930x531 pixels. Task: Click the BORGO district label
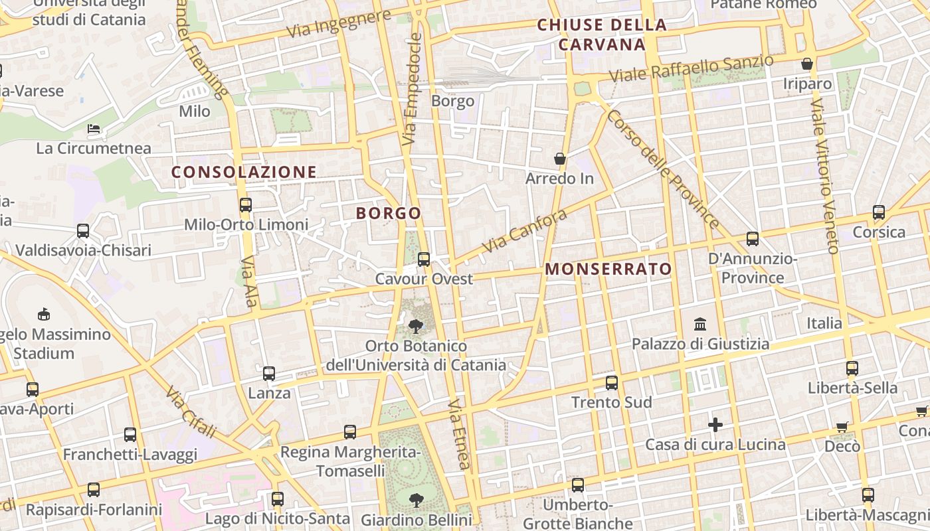(x=389, y=213)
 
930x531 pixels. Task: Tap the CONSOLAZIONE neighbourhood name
(x=244, y=172)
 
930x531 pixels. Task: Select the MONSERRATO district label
(x=608, y=269)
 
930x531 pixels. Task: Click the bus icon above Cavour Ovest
(x=424, y=260)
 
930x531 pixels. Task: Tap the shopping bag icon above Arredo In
(x=560, y=159)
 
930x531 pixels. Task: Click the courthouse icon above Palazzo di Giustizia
(x=700, y=325)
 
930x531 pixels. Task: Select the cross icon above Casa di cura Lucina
(x=715, y=425)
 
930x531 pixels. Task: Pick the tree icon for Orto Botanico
(x=416, y=326)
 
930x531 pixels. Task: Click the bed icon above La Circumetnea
(x=94, y=128)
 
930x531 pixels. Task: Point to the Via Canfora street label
(x=524, y=231)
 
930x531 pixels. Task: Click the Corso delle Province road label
(x=662, y=169)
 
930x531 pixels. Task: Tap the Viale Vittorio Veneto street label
(x=824, y=176)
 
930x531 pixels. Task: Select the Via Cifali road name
(x=192, y=412)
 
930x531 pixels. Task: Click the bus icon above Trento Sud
(x=612, y=383)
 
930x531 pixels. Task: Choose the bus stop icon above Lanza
(x=269, y=374)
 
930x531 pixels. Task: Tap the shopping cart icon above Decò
(x=842, y=427)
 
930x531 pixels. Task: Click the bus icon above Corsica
(x=879, y=212)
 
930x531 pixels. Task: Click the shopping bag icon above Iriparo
(x=807, y=64)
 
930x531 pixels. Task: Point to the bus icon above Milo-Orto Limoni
(x=246, y=205)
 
